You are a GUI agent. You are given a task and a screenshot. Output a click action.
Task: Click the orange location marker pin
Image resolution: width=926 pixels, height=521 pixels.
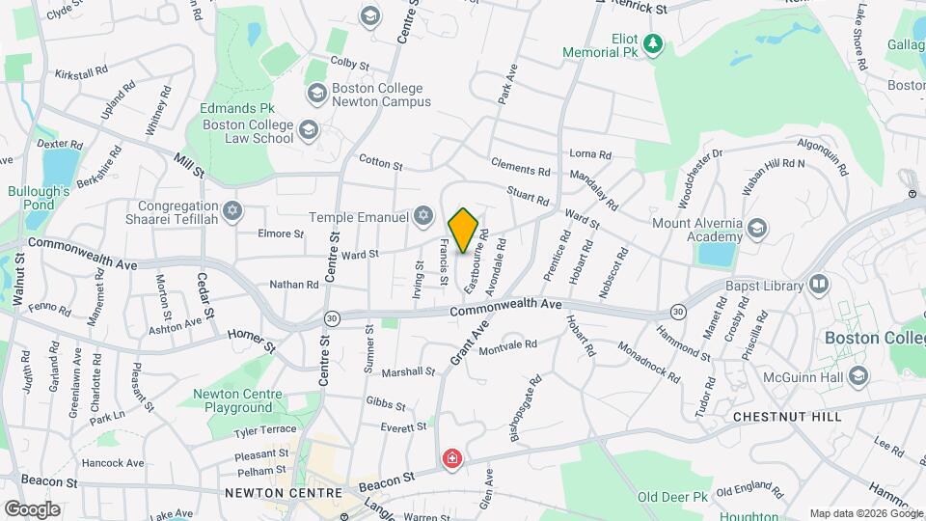(x=464, y=230)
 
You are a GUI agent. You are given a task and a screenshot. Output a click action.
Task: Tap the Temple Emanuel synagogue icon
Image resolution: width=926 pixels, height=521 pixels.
(x=422, y=215)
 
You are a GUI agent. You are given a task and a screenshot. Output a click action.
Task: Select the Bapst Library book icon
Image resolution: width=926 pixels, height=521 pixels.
(x=819, y=285)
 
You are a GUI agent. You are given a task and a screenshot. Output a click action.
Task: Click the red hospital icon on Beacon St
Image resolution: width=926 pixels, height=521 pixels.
(x=450, y=459)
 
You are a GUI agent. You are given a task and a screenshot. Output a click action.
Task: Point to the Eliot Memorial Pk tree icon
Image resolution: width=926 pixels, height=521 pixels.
(x=654, y=43)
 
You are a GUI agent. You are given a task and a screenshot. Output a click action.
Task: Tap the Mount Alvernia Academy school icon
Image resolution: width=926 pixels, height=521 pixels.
(x=757, y=229)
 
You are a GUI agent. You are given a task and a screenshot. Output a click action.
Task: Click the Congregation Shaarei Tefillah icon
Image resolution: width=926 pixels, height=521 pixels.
(x=231, y=211)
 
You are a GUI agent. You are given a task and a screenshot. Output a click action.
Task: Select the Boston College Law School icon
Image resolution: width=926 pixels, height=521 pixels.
(x=308, y=130)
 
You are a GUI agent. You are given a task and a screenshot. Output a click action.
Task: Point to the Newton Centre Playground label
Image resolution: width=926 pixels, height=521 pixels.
(x=237, y=401)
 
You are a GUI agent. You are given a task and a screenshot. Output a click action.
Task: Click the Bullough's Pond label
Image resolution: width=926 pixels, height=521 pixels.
(x=39, y=199)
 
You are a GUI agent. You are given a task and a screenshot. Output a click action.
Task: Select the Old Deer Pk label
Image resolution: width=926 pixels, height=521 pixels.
(x=673, y=496)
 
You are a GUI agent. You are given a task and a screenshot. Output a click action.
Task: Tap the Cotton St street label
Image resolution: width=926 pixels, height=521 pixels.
(x=380, y=163)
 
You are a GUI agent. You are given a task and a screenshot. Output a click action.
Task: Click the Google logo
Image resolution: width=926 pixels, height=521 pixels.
(x=31, y=508)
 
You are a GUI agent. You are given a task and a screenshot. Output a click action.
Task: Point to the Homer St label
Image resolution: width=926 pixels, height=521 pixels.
(x=252, y=338)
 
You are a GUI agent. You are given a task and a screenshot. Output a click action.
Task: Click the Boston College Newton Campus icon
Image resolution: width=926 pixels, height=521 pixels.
(x=315, y=94)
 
